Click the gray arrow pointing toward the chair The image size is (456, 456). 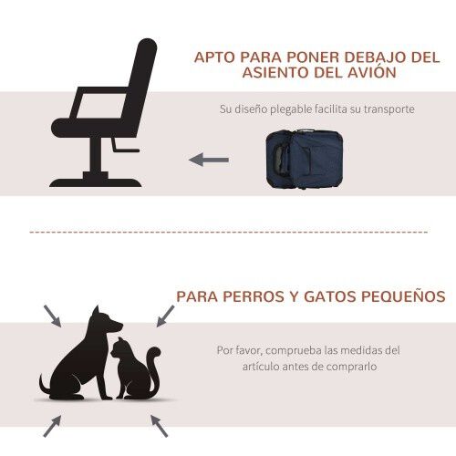(209, 161)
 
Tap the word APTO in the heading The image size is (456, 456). (216, 57)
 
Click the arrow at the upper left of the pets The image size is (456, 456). (53, 316)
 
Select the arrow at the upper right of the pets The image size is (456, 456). (164, 316)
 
